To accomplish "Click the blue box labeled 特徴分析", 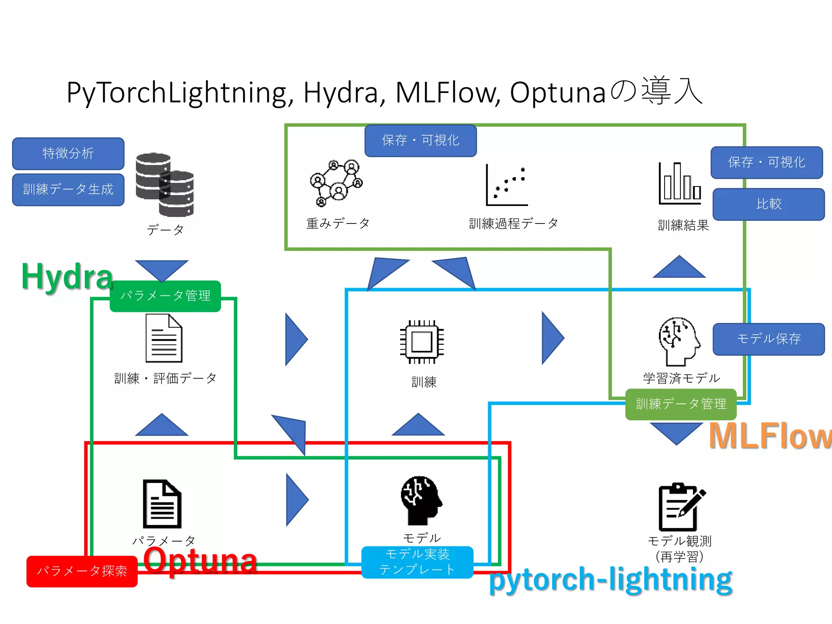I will [68, 154].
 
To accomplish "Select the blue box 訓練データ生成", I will [68, 190].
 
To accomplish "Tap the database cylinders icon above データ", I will [165, 185].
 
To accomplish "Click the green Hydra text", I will [67, 276].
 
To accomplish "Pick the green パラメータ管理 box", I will [165, 296].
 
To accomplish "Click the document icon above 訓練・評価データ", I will [164, 338].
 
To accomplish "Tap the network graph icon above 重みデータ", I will [336, 183].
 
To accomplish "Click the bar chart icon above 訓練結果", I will [680, 183].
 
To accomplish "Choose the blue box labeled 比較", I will [769, 204].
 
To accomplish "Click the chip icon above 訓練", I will [422, 342].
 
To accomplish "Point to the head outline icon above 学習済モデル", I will [679, 342].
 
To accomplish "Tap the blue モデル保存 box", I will [769, 339].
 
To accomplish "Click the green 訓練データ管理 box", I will [681, 404].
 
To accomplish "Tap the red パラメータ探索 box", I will [82, 571].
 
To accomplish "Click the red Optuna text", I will [200, 561].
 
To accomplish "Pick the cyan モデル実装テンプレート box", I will [417, 562].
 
